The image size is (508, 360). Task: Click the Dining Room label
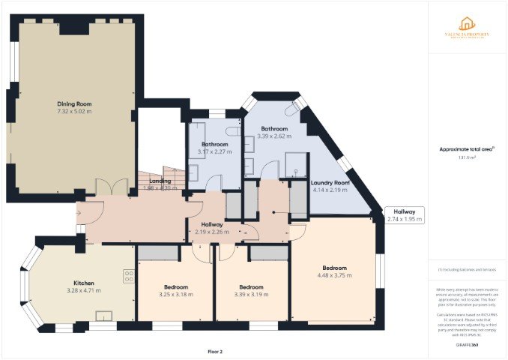[x=74, y=103]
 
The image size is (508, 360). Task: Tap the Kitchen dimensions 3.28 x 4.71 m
[x=83, y=290]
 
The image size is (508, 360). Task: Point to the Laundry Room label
[x=330, y=183]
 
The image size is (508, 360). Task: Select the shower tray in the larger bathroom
[x=298, y=164]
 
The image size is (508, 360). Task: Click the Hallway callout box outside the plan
[x=404, y=215]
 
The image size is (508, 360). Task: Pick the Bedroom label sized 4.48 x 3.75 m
[x=334, y=268]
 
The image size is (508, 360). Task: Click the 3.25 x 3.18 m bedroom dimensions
[x=176, y=295]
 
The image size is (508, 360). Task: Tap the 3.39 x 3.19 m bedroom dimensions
[x=251, y=295]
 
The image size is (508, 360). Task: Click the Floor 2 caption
[x=215, y=351]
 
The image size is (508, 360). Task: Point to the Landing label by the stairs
[x=160, y=181]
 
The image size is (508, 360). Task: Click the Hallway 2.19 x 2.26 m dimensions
[x=211, y=232]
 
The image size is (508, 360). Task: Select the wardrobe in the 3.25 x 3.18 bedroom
[x=158, y=253]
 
